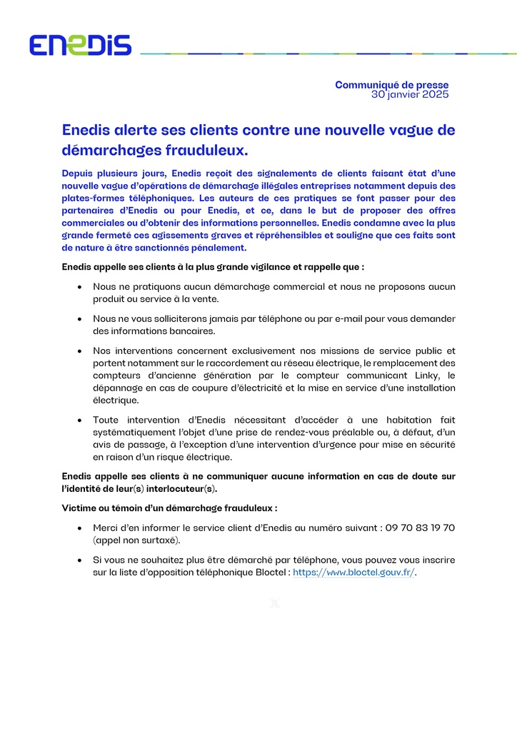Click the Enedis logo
click(80, 46)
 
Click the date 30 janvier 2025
click(410, 94)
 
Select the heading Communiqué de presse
click(392, 85)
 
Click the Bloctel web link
click(353, 573)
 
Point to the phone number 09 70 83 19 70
click(420, 528)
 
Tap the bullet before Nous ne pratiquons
click(79, 287)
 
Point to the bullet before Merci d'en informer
click(79, 528)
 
